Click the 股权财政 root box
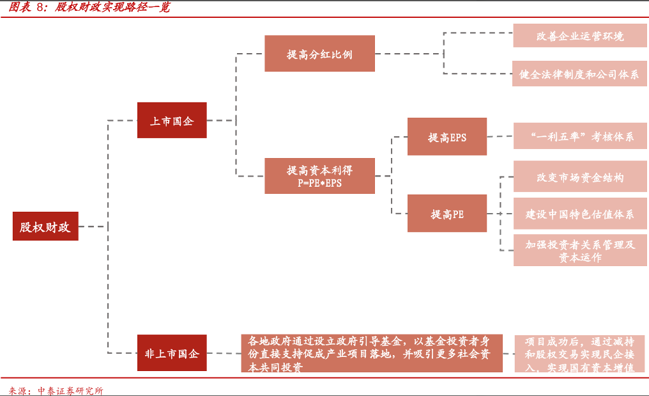click(45, 226)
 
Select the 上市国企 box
click(172, 120)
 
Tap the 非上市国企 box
click(172, 352)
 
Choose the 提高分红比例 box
click(319, 54)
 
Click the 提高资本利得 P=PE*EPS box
click(319, 176)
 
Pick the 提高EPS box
click(447, 136)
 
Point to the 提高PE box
click(447, 214)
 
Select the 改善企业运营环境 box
click(580, 36)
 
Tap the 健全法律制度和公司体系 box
click(580, 74)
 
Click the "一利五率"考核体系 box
click(580, 136)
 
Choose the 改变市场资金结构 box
click(580, 177)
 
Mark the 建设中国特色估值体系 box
click(580, 214)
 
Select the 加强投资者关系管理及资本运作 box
click(580, 250)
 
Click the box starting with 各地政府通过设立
click(372, 353)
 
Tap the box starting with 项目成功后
click(580, 353)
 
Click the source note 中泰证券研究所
click(70, 390)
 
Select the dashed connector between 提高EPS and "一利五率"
click(500, 136)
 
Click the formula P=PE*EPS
click(319, 183)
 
